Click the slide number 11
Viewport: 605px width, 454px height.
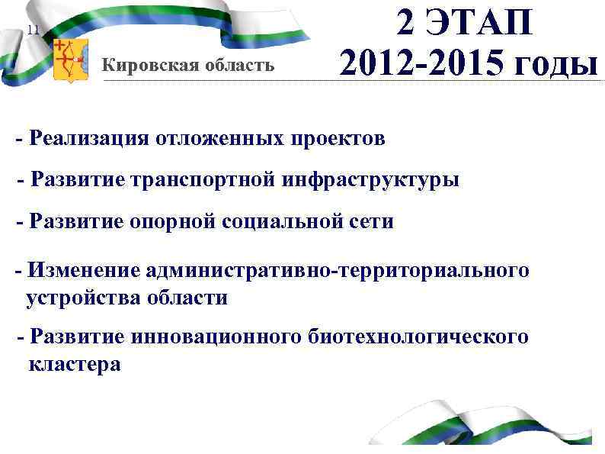pos(32,31)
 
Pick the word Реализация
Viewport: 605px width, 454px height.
pos(88,139)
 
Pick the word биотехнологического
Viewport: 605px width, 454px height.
pos(418,337)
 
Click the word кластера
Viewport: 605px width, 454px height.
pos(75,365)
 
